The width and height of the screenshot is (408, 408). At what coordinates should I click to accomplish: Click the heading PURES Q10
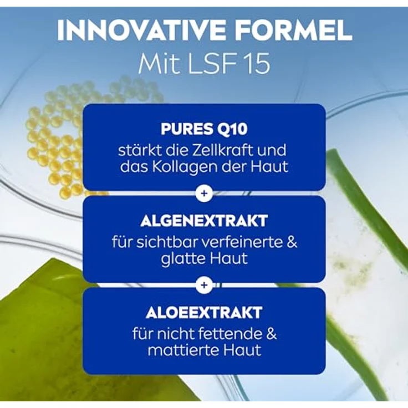[204, 129]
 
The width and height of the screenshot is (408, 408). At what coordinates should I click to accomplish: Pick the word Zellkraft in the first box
[225, 150]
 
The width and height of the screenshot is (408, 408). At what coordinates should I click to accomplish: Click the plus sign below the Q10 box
[204, 193]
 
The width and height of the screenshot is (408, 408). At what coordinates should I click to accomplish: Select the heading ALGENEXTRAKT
[204, 221]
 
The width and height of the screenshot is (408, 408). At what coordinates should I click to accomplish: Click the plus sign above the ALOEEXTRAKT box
[204, 285]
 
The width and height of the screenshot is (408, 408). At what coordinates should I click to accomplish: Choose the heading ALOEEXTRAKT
[204, 312]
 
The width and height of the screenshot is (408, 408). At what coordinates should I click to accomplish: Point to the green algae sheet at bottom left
[39, 322]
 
